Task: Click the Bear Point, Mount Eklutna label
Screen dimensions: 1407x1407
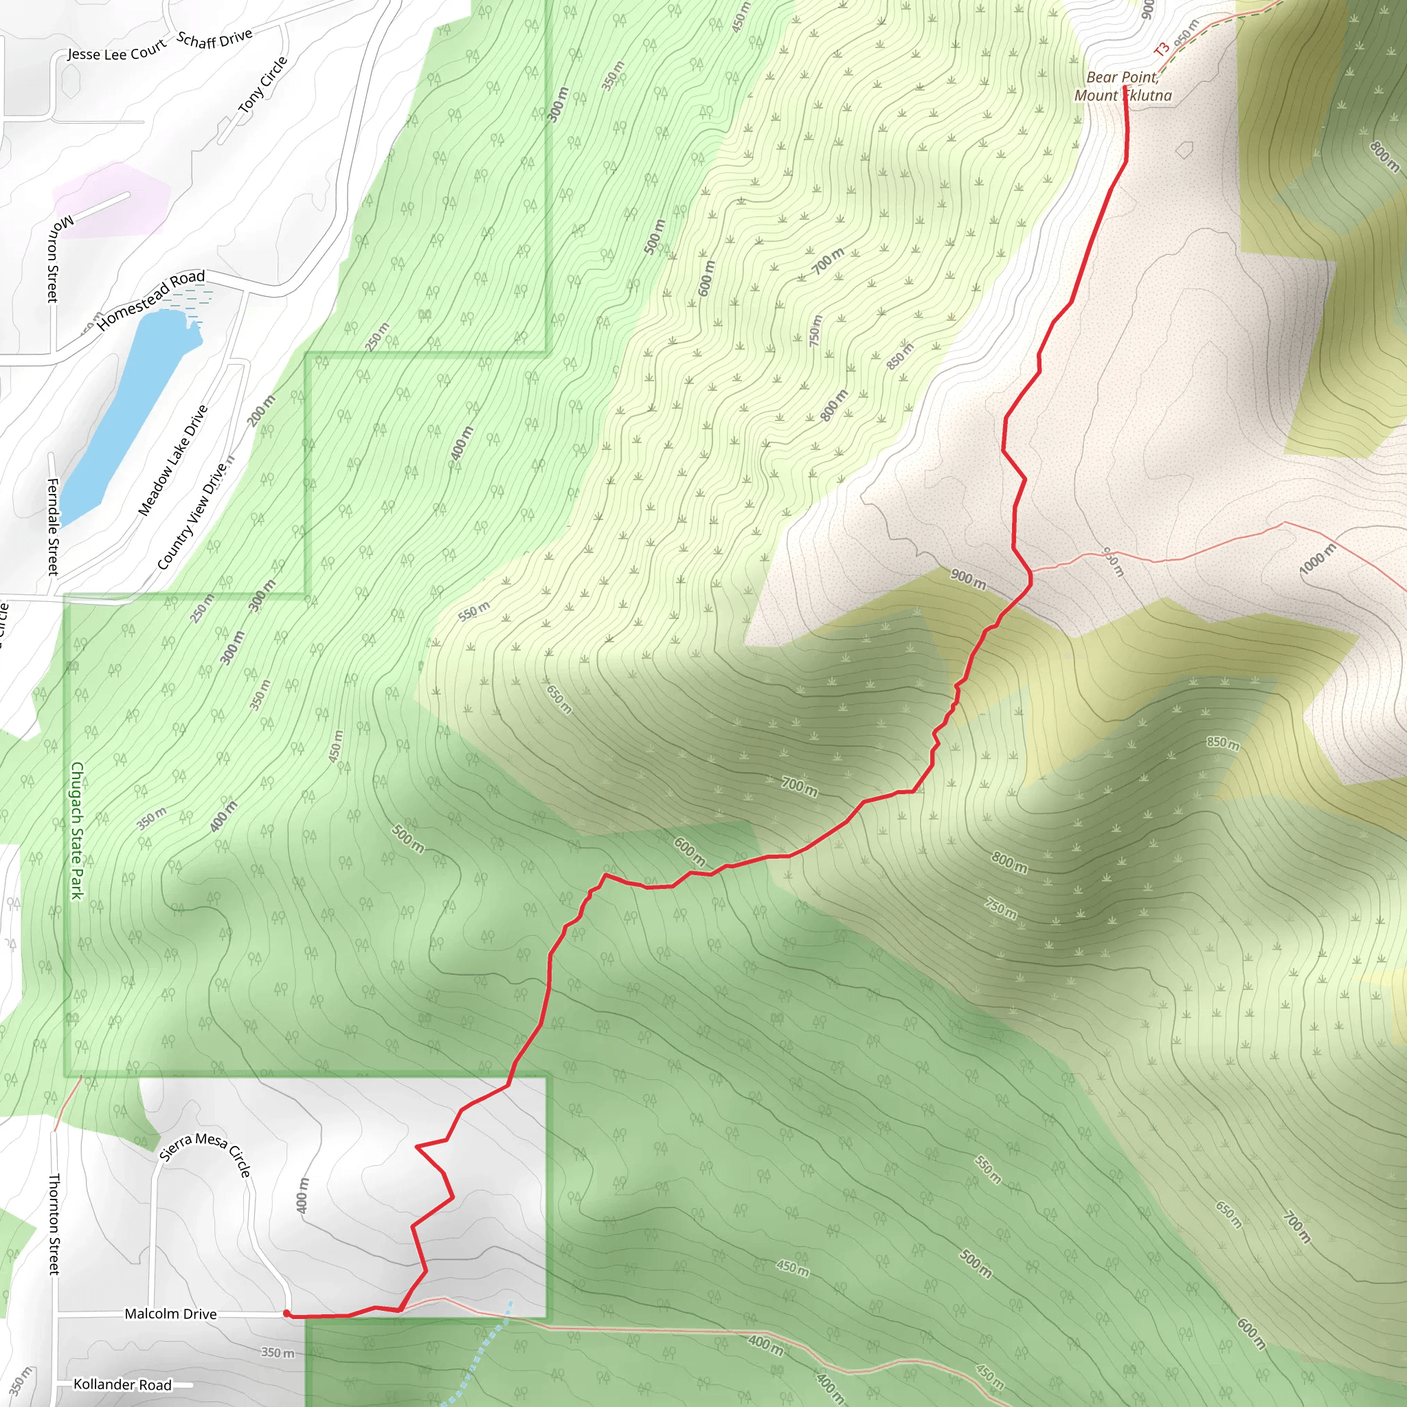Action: (x=1123, y=87)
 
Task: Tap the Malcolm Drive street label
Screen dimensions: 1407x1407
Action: (x=170, y=1313)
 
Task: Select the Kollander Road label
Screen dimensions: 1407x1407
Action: (x=122, y=1384)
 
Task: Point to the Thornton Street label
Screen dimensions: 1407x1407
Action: (x=54, y=1224)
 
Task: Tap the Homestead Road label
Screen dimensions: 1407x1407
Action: (x=151, y=299)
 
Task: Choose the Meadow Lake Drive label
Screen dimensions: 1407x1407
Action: (x=173, y=460)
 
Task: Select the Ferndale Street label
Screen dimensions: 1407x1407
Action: (x=52, y=526)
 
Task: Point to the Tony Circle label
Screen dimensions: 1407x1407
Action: (x=263, y=85)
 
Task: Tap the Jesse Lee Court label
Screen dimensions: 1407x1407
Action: (x=117, y=52)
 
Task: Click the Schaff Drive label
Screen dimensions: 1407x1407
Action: (x=215, y=38)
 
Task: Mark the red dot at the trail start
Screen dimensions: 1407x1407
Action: (x=287, y=1314)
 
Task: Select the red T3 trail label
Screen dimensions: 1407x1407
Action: (x=1161, y=49)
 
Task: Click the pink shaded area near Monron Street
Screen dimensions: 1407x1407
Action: (x=109, y=201)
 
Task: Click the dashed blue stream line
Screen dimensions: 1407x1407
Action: (x=481, y=1355)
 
